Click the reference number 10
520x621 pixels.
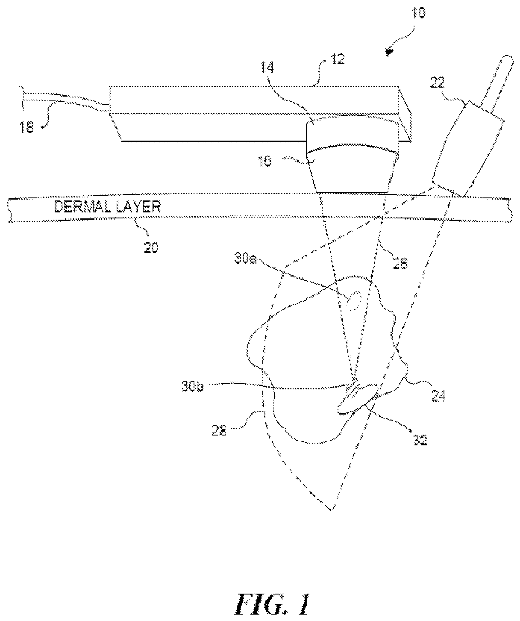point(419,13)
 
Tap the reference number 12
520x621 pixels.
point(338,59)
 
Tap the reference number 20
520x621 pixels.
point(150,247)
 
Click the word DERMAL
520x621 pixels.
point(81,208)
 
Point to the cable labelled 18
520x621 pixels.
point(64,103)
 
